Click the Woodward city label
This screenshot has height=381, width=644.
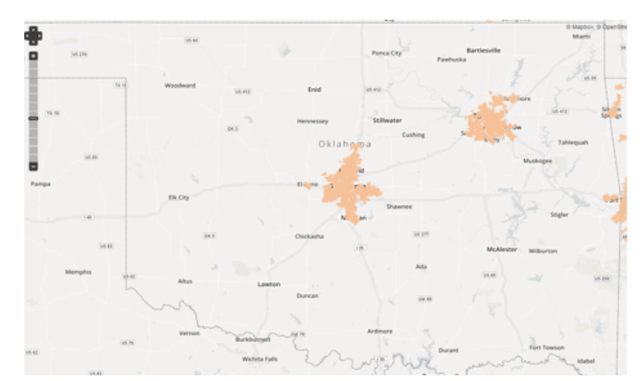(180, 85)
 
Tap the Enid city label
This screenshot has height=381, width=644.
(314, 89)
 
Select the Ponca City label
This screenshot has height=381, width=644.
(386, 53)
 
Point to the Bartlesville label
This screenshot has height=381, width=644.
(483, 50)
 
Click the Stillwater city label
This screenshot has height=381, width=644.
(387, 119)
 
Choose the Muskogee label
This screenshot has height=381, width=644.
(537, 161)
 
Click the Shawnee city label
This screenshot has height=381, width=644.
(399, 206)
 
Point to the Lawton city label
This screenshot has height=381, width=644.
(269, 284)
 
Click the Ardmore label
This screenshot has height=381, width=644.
(379, 330)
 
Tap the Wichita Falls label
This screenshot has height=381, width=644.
(260, 359)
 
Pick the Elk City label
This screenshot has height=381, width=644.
(179, 197)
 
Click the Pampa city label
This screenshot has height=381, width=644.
(40, 184)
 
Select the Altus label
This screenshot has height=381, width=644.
(185, 281)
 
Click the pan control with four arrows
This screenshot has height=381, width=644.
(33, 36)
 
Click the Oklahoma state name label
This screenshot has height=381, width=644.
(346, 144)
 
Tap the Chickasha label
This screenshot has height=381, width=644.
(309, 236)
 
